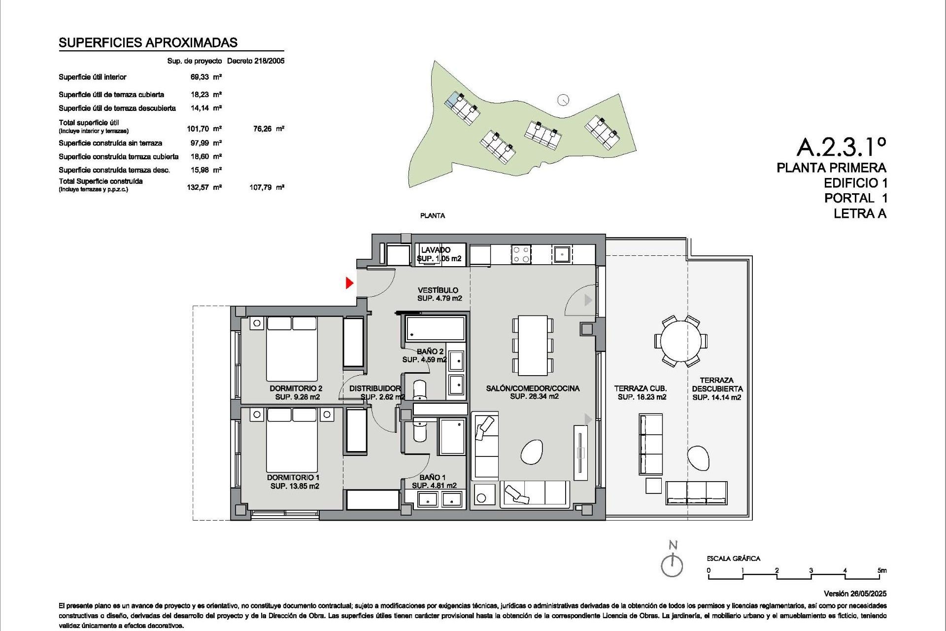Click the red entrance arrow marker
(349, 283)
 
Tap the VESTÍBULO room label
(438, 290)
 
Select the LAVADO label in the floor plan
(436, 250)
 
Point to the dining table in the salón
(533, 345)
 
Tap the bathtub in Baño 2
(435, 329)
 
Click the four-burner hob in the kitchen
(521, 254)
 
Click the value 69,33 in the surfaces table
(200, 77)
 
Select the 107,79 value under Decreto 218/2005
(261, 187)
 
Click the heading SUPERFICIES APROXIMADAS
(148, 43)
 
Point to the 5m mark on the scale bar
(882, 570)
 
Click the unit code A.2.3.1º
(841, 147)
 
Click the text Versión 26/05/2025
(855, 594)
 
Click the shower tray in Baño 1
(452, 437)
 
